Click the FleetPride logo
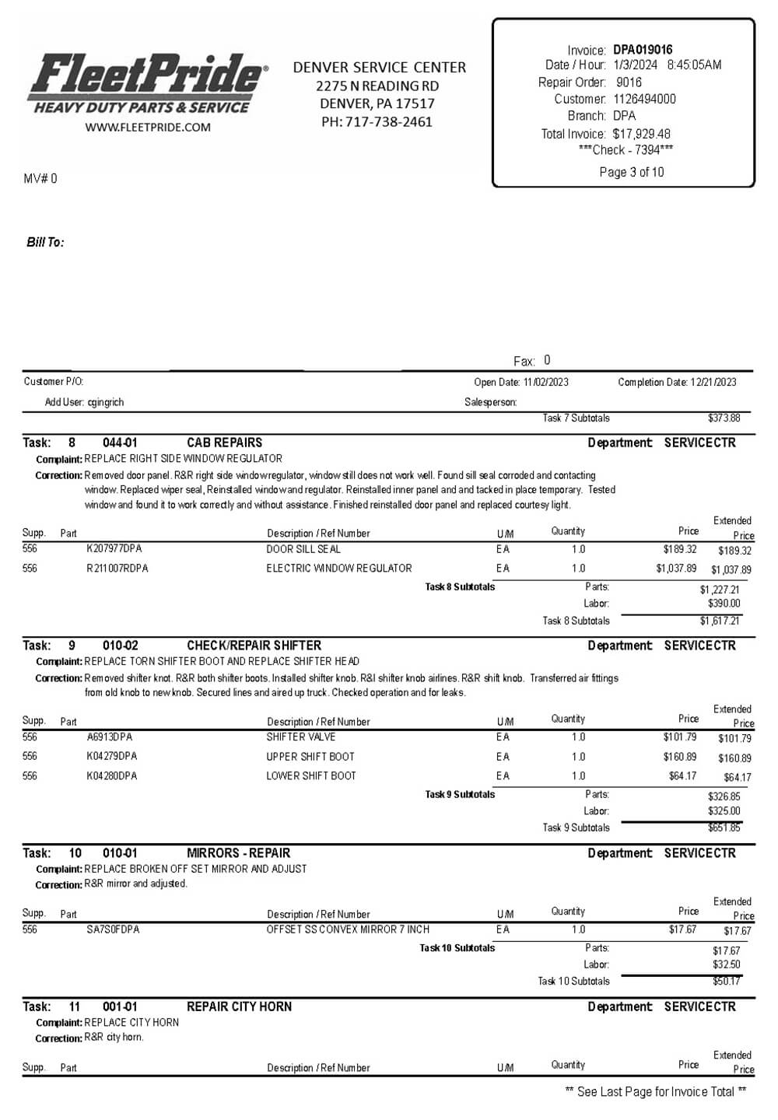point(148,83)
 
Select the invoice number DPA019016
point(643,50)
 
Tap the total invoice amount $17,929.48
point(641,134)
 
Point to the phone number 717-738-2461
point(388,122)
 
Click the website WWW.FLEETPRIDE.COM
point(148,128)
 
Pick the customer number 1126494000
point(644,99)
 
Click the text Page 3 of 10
point(631,172)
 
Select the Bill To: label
point(45,243)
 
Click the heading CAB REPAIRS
point(224,443)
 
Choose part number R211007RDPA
point(117,569)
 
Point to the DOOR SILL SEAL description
point(303,549)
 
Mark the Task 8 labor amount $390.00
point(724,604)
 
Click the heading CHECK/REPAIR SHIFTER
point(254,646)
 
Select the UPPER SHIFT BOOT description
point(310,757)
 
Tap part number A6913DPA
point(109,737)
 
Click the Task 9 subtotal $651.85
point(724,828)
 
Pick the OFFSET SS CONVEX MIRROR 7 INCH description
point(347,929)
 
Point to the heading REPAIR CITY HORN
point(239,1006)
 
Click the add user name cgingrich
point(105,402)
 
